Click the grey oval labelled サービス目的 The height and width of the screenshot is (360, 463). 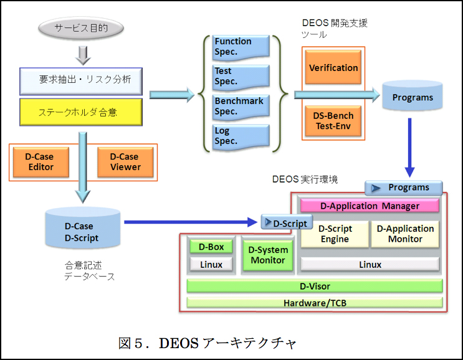[80, 29]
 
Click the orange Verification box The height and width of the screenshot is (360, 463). [333, 67]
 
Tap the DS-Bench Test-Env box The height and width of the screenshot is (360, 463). [333, 121]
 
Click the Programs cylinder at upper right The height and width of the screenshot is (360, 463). [412, 97]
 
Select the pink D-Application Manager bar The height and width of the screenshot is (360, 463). [370, 206]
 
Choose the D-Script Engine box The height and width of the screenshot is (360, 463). [335, 234]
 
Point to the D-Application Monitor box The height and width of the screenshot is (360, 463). [405, 234]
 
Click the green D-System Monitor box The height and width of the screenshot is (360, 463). [268, 255]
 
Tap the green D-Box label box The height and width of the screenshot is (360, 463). [211, 247]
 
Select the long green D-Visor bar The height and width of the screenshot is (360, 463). [315, 286]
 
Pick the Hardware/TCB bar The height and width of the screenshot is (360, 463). [315, 303]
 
